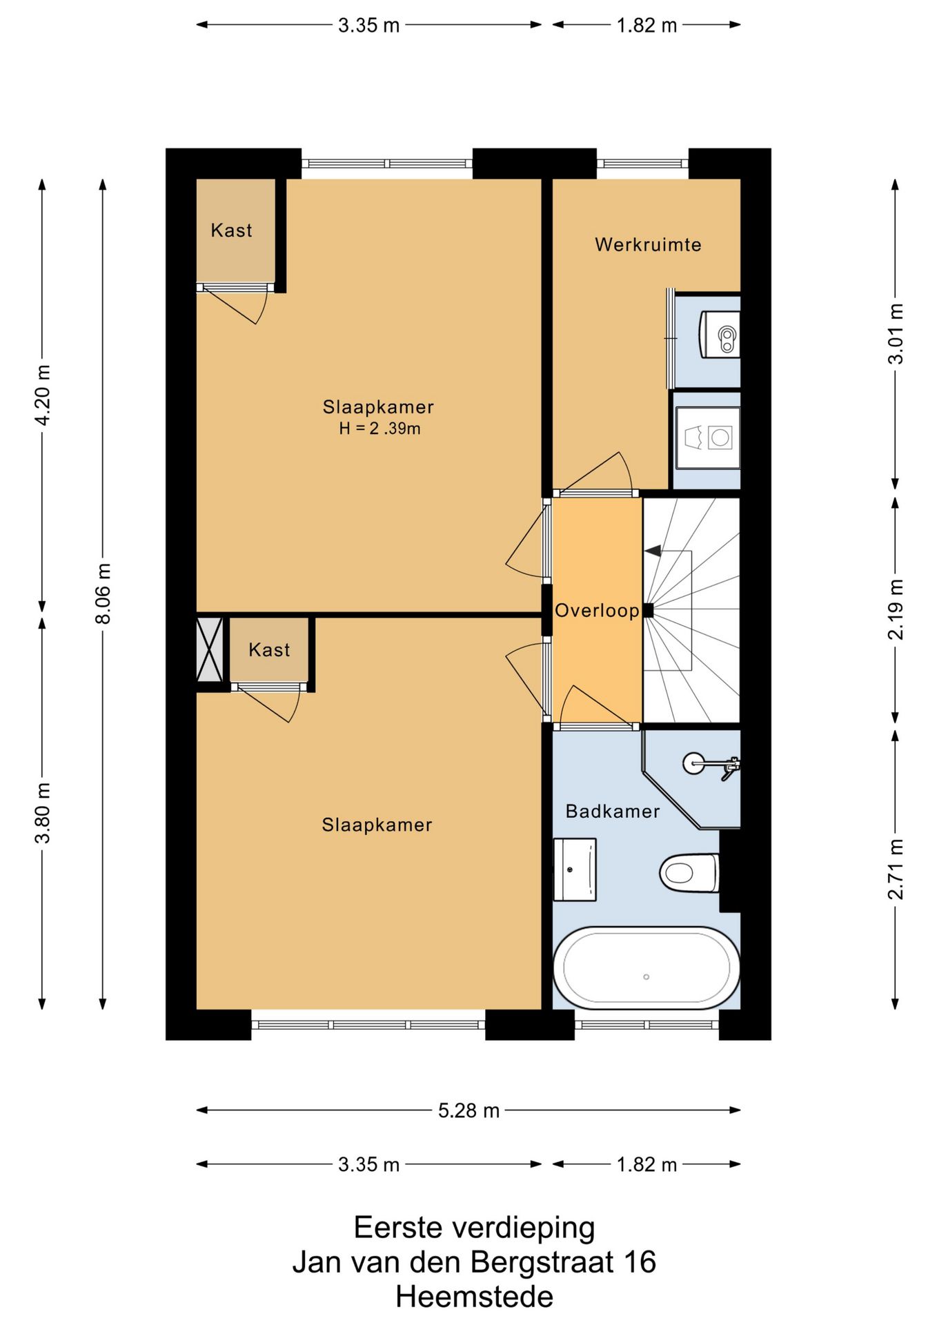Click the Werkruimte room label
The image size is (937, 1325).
(648, 244)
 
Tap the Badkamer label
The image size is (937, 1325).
(613, 811)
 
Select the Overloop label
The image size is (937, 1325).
(598, 611)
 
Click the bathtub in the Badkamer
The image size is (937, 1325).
(647, 967)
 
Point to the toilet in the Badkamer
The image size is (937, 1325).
(689, 873)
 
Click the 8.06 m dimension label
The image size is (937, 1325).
(103, 593)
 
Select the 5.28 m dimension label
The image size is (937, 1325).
(468, 1110)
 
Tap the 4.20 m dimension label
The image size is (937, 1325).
(42, 395)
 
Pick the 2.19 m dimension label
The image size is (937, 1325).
(895, 609)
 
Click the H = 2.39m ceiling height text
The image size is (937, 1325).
(379, 429)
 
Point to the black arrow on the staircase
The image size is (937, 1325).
(652, 551)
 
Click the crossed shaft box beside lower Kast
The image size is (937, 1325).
(210, 649)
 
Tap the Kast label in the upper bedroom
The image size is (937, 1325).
(231, 230)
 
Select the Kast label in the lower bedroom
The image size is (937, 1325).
(269, 650)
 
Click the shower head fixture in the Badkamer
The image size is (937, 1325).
(711, 765)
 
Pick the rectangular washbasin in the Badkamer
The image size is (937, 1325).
(575, 870)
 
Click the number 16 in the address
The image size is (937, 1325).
(640, 1262)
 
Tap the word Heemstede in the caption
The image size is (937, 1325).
(474, 1297)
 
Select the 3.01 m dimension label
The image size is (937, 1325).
(895, 334)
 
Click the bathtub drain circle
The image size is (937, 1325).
(647, 976)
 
